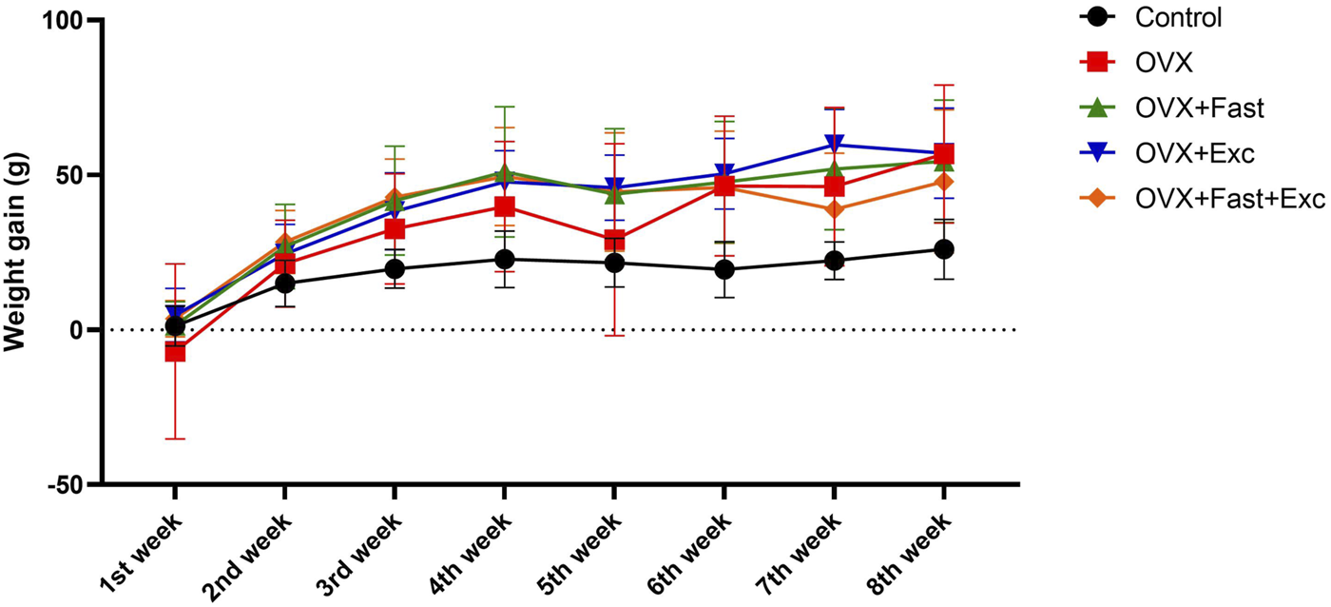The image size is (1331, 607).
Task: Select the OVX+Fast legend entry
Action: (x=1199, y=108)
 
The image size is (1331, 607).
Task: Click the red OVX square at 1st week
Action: (x=175, y=351)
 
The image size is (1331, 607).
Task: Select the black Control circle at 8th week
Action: (x=943, y=249)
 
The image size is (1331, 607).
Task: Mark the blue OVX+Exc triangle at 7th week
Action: (x=834, y=145)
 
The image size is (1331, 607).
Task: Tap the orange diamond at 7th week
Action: (x=834, y=210)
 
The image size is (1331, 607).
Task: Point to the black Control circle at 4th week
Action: (x=504, y=259)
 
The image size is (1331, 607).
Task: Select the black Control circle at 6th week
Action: (x=723, y=269)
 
